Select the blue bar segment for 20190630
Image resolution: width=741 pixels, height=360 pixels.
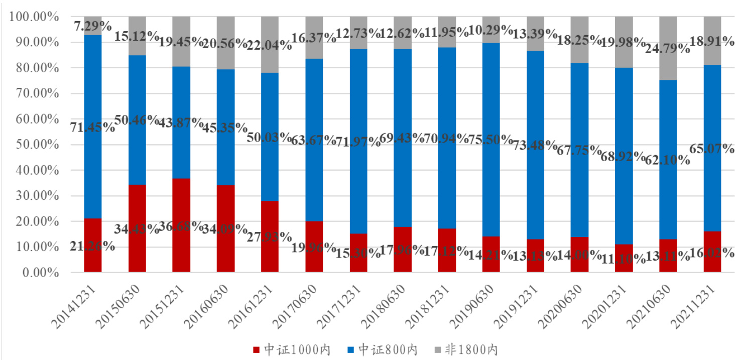pos(490,100)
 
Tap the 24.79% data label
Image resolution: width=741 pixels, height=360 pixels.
pos(668,49)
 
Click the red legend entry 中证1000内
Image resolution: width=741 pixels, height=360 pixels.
pos(291,350)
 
